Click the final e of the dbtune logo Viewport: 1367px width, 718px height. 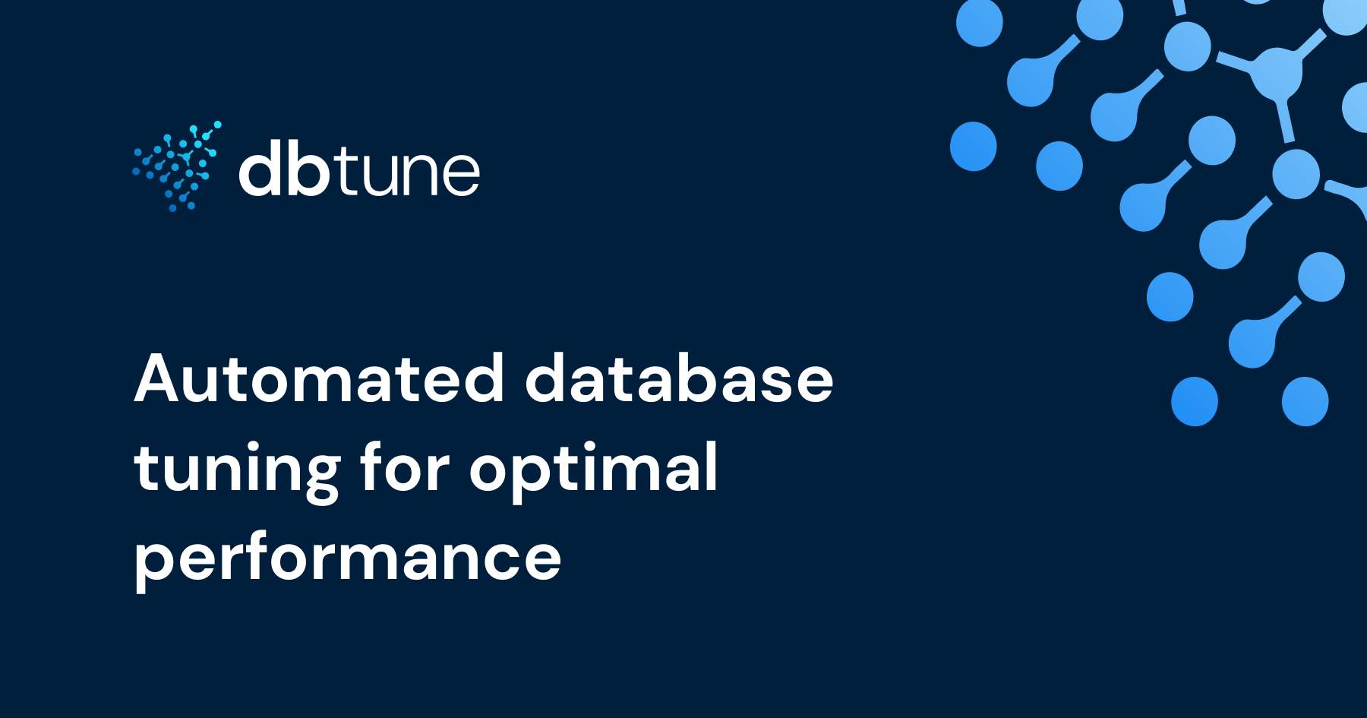[459, 175]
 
